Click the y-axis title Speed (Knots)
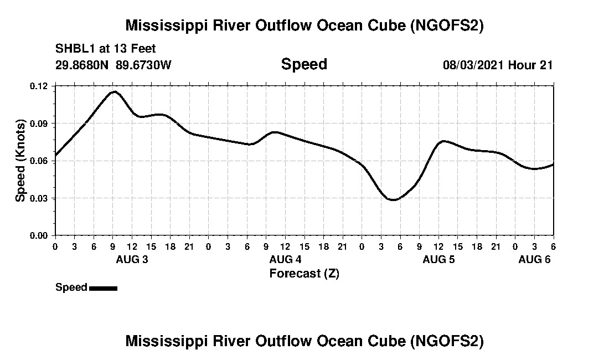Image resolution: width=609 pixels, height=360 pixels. point(20,161)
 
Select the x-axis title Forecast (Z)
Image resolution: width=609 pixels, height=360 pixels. point(304,273)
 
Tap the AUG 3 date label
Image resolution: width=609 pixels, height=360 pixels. point(132,260)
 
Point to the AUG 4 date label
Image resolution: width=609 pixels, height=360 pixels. point(286,260)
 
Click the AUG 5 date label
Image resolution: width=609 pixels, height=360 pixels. point(438,260)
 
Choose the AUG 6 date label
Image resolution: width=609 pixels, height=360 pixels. point(534,260)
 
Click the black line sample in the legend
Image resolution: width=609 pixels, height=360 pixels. point(103,288)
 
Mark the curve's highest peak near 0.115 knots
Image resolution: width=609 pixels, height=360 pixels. point(114,92)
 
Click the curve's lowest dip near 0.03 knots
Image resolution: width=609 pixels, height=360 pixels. point(393,199)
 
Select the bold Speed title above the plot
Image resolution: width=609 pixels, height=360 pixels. point(304,64)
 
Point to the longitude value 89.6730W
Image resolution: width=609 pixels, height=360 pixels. point(144,65)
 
